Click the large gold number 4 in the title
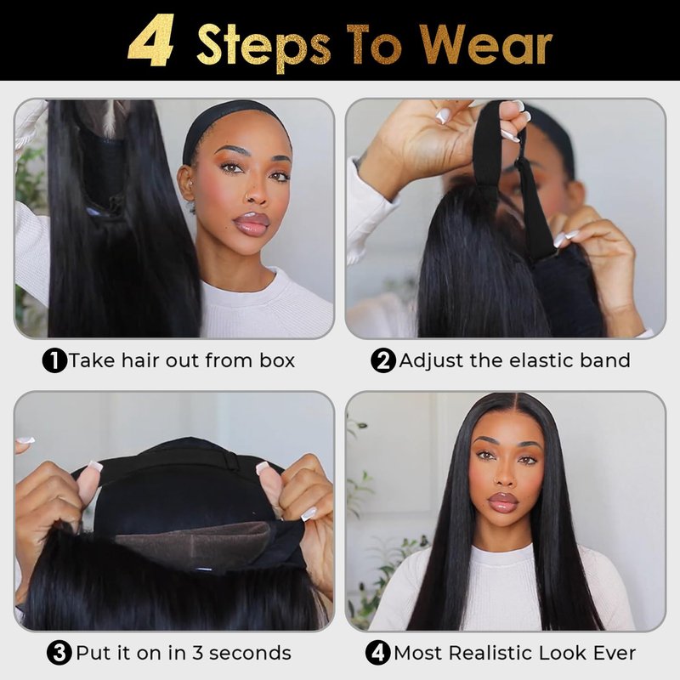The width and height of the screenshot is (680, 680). click(151, 41)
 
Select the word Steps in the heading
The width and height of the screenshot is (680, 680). click(263, 47)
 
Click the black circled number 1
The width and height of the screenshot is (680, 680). click(54, 360)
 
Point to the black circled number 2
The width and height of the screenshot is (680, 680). click(383, 360)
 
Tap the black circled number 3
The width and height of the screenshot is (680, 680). click(59, 653)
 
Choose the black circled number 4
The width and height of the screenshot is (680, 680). click(377, 653)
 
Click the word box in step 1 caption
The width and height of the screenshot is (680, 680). click(277, 360)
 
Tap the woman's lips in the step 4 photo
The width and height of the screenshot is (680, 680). click(503, 502)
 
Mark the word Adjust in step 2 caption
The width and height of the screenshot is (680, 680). click(431, 361)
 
